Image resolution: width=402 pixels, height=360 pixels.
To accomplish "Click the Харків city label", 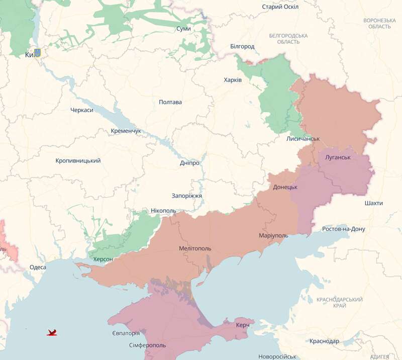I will point(233,80).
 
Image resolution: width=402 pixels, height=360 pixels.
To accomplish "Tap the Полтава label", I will point(170,102).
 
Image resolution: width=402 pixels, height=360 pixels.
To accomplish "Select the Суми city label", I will point(183,29).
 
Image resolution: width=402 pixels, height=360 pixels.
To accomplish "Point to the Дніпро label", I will point(189,163).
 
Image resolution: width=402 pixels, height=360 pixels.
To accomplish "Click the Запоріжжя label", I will point(186,196).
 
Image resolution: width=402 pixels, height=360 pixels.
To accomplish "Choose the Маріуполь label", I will point(273,236).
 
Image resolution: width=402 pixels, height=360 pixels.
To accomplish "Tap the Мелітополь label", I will point(195,248).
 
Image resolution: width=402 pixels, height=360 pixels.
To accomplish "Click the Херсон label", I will point(103,259).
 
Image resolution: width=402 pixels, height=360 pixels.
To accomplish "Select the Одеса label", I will point(38,267).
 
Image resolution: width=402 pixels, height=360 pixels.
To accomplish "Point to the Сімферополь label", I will point(147,345).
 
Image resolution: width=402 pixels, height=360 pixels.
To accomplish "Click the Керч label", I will point(243,325).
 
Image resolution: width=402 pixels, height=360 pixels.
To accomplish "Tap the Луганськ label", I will point(338,157).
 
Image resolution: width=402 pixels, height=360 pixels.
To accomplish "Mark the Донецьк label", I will point(285,187).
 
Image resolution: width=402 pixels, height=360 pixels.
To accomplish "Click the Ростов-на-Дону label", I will point(344,229).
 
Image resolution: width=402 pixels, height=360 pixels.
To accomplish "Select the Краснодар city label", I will point(324,341).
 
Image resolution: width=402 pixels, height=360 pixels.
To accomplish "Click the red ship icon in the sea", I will point(52,332).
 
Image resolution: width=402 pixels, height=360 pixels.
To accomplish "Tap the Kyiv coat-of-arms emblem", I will point(38,53).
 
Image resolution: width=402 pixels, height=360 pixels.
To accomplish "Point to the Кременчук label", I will point(126,131).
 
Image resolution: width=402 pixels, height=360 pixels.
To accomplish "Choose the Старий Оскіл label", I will point(280,7).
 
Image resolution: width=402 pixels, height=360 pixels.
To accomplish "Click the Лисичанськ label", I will point(303,139).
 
